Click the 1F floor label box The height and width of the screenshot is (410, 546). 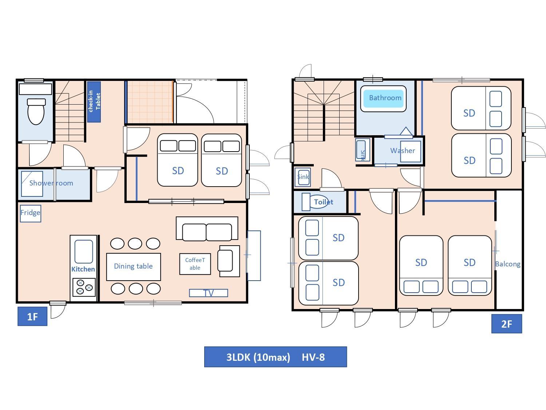(32, 316)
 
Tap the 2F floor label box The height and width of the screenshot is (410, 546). (507, 324)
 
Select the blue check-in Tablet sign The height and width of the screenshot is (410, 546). (94, 102)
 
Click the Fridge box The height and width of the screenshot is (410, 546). (30, 213)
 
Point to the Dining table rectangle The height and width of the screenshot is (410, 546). (134, 267)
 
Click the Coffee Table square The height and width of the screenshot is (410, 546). (195, 264)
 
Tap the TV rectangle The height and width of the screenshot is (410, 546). (209, 293)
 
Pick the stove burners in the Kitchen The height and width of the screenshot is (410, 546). (84, 287)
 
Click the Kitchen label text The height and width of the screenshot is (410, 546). (83, 269)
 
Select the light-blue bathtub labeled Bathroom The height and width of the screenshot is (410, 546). (383, 99)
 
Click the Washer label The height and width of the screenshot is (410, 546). (403, 151)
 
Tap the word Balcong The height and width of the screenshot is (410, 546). (508, 264)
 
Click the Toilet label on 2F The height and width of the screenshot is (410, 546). (323, 202)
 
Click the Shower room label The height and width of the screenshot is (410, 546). (51, 183)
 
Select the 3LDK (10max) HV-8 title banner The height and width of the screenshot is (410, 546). (275, 357)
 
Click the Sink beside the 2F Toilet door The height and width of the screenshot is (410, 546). (303, 177)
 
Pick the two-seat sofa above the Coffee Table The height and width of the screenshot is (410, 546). (207, 229)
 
